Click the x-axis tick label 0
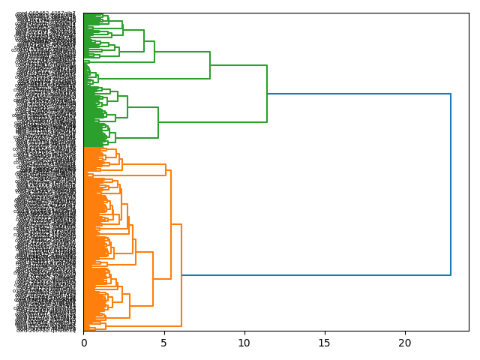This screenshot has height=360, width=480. pyautogui.click(x=84, y=343)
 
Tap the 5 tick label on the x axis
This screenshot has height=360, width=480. pyautogui.click(x=164, y=343)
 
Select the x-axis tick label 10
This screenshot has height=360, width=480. pyautogui.click(x=244, y=343)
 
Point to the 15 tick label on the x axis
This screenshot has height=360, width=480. pyautogui.click(x=325, y=343)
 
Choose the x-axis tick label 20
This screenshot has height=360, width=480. pyautogui.click(x=405, y=343)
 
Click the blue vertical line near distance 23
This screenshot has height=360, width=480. pyautogui.click(x=451, y=184)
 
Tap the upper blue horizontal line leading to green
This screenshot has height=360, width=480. pyautogui.click(x=358, y=94)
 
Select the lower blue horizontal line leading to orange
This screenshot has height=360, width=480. pyautogui.click(x=315, y=275)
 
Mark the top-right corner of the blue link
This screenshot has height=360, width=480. pyautogui.click(x=451, y=94)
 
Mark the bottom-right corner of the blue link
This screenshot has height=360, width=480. pyautogui.click(x=451, y=275)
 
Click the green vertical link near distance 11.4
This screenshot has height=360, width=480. pyautogui.click(x=267, y=94)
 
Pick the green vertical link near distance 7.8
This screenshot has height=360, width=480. pyautogui.click(x=210, y=65)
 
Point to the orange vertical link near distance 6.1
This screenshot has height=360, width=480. pyautogui.click(x=181, y=275)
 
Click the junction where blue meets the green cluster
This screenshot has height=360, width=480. pyautogui.click(x=267, y=94)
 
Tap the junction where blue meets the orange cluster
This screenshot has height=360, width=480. pyautogui.click(x=181, y=275)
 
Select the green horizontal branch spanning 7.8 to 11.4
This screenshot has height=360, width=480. pyautogui.click(x=238, y=65)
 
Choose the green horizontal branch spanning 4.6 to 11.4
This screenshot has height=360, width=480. pyautogui.click(x=212, y=121)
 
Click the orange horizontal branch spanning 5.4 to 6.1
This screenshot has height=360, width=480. pyautogui.click(x=176, y=224)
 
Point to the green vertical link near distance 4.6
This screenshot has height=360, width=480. pyautogui.click(x=158, y=122)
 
